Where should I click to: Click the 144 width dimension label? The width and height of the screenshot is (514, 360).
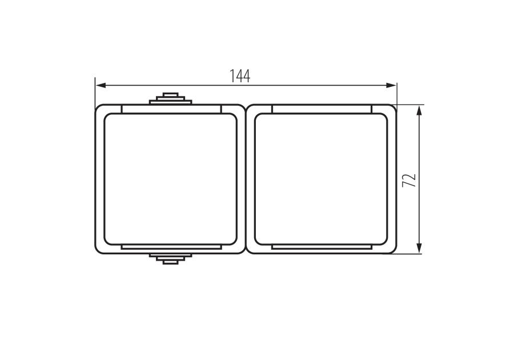pyautogui.click(x=240, y=76)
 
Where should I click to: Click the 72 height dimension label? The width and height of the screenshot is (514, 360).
pyautogui.click(x=409, y=181)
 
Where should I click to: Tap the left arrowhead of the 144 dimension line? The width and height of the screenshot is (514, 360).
pyautogui.click(x=101, y=86)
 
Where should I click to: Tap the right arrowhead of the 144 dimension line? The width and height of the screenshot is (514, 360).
pyautogui.click(x=391, y=86)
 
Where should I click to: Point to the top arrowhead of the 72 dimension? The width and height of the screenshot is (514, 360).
pyautogui.click(x=419, y=110)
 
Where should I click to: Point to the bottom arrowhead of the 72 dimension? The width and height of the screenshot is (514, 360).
pyautogui.click(x=419, y=248)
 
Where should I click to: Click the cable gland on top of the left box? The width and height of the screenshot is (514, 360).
pyautogui.click(x=170, y=99)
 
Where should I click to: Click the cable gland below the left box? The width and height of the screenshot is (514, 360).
pyautogui.click(x=170, y=259)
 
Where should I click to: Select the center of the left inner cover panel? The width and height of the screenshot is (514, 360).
pyautogui.click(x=170, y=179)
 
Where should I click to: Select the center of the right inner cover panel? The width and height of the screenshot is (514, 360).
pyautogui.click(x=321, y=179)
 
